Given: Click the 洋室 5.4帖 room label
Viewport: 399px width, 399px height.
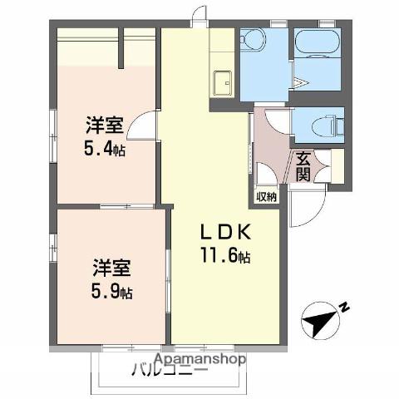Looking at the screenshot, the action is click(105, 136).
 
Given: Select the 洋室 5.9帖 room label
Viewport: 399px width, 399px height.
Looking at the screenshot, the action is click(112, 278).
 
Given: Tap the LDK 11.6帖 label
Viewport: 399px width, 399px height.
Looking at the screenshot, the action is click(225, 243).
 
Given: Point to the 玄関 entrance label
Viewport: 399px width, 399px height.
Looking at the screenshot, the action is click(303, 167).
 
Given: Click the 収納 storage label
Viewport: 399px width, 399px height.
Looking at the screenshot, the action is click(267, 197).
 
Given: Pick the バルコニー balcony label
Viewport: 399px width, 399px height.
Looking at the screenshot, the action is click(170, 370).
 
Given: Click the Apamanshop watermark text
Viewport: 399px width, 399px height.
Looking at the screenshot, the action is click(200, 359).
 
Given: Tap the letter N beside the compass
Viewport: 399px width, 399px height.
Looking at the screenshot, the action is click(344, 307).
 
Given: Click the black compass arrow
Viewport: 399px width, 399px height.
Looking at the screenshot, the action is click(319, 323).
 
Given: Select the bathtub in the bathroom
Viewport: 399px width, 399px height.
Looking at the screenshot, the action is click(318, 42).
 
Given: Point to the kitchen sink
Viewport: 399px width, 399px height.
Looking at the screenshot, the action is click(222, 83).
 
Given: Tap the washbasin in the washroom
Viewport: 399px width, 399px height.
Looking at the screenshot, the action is click(252, 40).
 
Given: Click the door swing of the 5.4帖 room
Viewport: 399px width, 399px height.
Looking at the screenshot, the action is click(141, 125).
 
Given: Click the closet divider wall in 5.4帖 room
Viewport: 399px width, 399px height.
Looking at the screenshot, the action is click(121, 47).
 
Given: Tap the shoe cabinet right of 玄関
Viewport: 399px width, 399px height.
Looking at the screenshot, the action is click(337, 166).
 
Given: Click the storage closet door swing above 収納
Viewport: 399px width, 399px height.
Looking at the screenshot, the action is click(267, 173).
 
